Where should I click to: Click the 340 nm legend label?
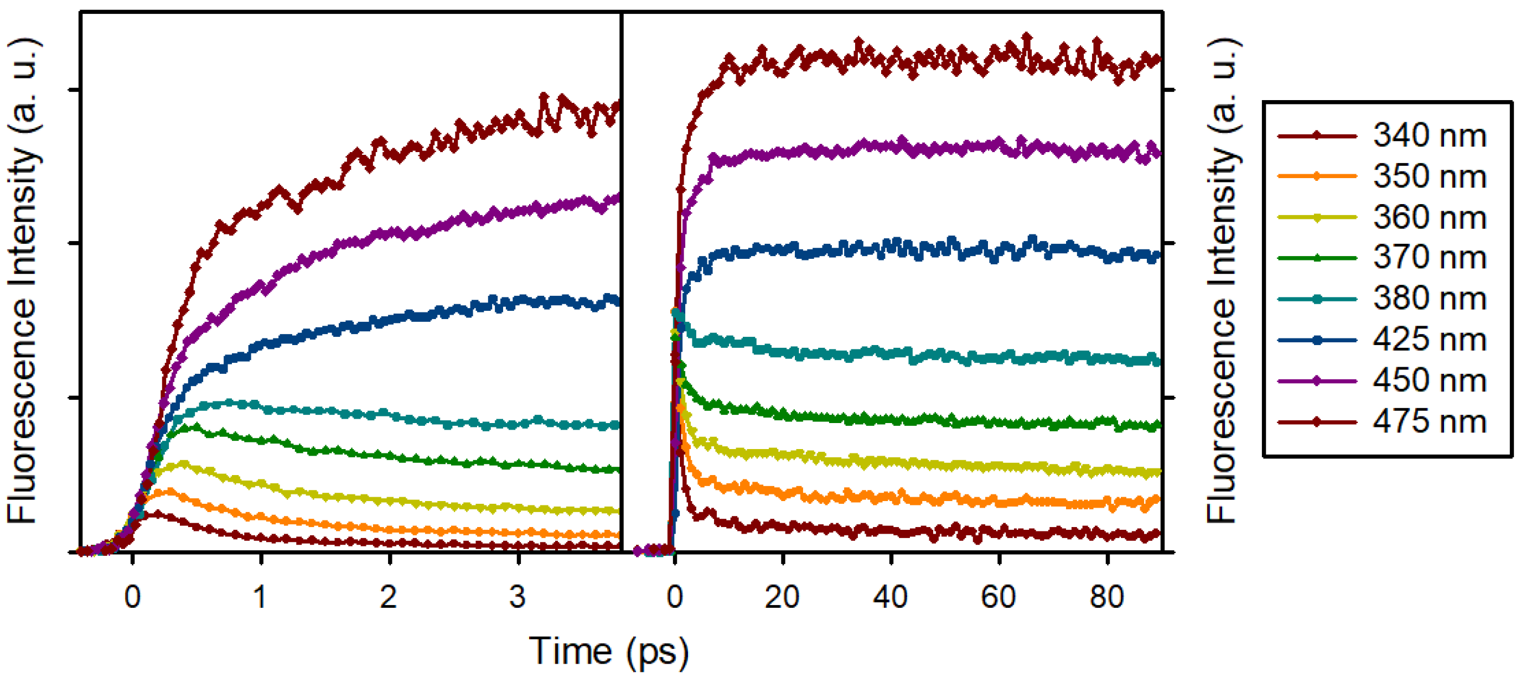(x=1429, y=135)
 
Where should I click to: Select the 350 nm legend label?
(x=1429, y=176)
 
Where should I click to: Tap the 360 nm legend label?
(x=1429, y=217)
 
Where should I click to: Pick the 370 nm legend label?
(x=1429, y=258)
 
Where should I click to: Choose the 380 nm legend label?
(x=1429, y=299)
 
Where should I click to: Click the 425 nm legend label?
(x=1429, y=340)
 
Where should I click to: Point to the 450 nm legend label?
(x=1429, y=380)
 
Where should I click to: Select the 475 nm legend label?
(x=1429, y=422)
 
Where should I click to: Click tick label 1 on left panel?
(x=260, y=597)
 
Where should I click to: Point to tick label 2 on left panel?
(x=389, y=597)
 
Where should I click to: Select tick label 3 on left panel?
(x=517, y=597)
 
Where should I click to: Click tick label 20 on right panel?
(x=782, y=597)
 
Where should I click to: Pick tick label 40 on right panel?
(x=891, y=597)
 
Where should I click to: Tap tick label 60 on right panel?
(x=999, y=597)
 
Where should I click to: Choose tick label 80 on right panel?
(x=1107, y=597)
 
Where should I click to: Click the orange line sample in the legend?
(x=1317, y=176)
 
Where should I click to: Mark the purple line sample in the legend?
(x=1317, y=380)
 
